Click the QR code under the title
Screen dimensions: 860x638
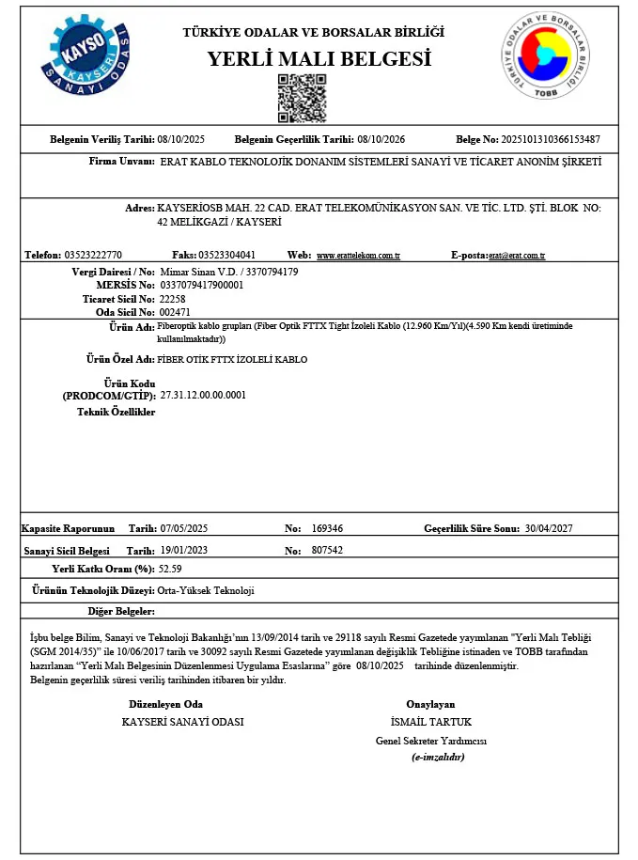[x=302, y=98]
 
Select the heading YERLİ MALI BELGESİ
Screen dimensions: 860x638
[x=319, y=59]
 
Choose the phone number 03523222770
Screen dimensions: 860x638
[x=93, y=255]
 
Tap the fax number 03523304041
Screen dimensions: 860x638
[x=227, y=255]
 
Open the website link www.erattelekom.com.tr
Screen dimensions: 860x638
[x=359, y=256]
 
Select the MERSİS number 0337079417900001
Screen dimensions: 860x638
[x=202, y=284]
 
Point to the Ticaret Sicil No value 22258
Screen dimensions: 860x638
[x=174, y=297]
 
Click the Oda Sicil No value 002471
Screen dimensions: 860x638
[x=176, y=311]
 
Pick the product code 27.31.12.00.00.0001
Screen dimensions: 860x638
[x=203, y=396]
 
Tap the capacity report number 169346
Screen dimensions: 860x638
[x=327, y=528]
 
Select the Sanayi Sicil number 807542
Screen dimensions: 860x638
[x=327, y=550]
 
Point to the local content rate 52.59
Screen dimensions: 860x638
[x=170, y=569]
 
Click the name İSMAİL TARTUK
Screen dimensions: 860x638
[x=430, y=722]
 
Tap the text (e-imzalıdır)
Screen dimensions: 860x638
[x=438, y=757]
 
